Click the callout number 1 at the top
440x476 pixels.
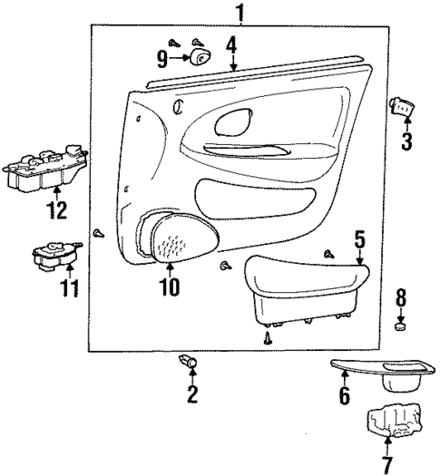coord(240,13)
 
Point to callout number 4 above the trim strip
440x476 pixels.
coord(232,44)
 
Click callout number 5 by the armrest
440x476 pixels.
coord(359,240)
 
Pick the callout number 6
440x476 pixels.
coord(344,395)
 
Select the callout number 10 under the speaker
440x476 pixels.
coord(169,288)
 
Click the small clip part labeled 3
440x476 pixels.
coord(400,107)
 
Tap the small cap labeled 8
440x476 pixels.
coord(401,325)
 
